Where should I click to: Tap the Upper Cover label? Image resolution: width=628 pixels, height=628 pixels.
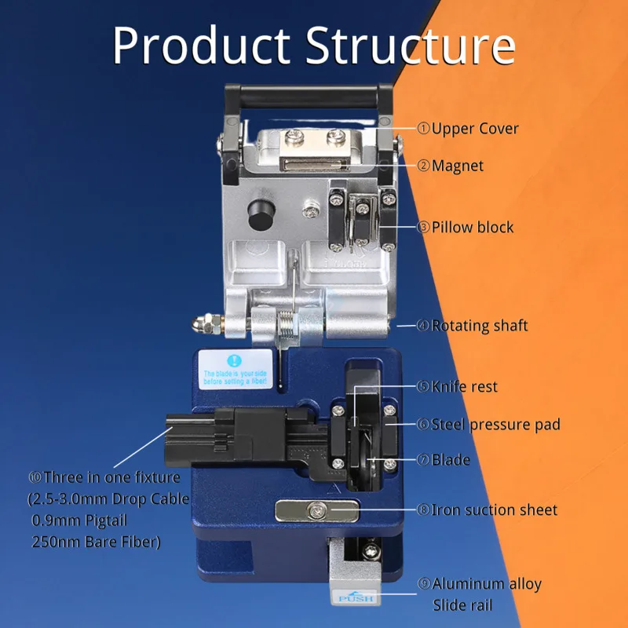pyautogui.click(x=475, y=128)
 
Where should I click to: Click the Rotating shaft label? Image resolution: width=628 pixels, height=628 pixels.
pyautogui.click(x=479, y=325)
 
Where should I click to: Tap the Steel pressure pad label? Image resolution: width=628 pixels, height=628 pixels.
pyautogui.click(x=495, y=424)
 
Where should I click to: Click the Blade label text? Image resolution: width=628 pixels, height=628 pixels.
pyautogui.click(x=451, y=459)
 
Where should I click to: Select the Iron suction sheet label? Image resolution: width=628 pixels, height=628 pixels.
pyautogui.click(x=494, y=509)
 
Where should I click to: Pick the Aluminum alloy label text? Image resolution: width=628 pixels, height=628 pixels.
pyautogui.click(x=487, y=583)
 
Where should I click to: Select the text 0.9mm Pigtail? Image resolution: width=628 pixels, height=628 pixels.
pyautogui.click(x=78, y=520)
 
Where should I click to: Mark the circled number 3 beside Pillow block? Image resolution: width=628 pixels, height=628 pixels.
pyautogui.click(x=423, y=227)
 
